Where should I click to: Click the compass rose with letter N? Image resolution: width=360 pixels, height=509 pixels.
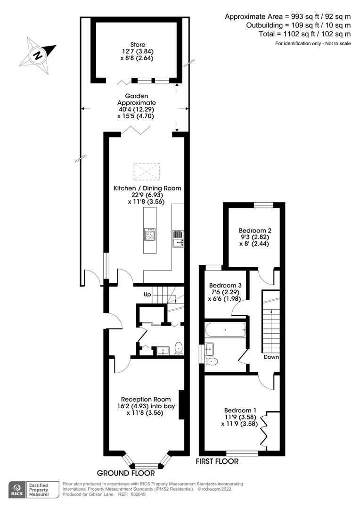click(38, 55)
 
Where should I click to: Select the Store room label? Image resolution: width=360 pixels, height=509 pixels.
click(138, 44)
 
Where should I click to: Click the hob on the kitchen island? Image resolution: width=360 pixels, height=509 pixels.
click(150, 234)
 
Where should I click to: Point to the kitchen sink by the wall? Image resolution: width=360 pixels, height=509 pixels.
click(178, 238)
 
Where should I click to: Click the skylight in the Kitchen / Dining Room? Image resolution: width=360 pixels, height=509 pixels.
click(147, 172)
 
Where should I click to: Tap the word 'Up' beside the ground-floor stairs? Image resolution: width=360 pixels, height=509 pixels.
click(147, 295)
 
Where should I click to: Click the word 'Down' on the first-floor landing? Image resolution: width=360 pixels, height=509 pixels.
click(271, 357)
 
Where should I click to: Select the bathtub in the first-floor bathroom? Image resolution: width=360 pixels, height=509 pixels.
click(226, 330)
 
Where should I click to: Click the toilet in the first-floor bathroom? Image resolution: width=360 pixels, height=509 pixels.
click(212, 361)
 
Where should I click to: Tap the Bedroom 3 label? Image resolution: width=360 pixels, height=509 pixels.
click(225, 285)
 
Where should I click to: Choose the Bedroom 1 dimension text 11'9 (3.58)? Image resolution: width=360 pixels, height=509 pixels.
click(240, 417)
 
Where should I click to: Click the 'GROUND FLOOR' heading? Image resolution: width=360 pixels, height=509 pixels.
click(126, 473)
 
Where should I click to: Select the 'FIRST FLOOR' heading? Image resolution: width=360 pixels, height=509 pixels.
click(217, 461)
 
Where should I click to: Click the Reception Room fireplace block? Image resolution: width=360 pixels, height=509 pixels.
click(181, 404)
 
